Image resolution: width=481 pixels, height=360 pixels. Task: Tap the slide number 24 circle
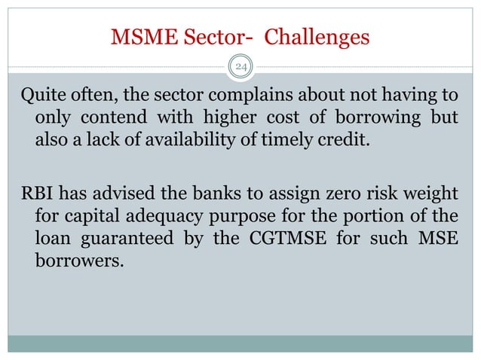[241, 69]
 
